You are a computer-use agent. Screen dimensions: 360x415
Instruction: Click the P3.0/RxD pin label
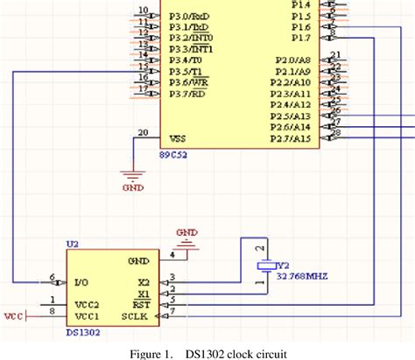point(190,16)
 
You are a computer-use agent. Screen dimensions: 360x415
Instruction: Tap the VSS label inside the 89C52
point(176,138)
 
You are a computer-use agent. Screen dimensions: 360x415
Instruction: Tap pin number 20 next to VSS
point(143,132)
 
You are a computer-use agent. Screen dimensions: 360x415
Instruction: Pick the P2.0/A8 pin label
point(292,59)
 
